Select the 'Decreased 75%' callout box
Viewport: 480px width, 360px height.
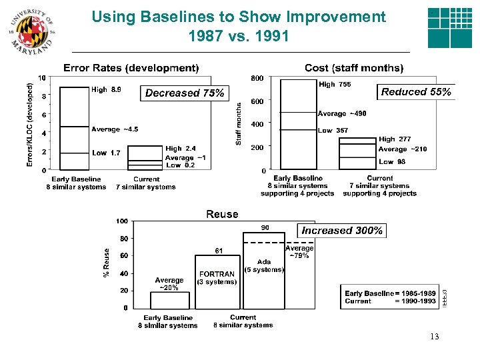click(x=185, y=93)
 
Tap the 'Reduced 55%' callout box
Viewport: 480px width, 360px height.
click(x=416, y=92)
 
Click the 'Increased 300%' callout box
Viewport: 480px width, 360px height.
click(x=342, y=231)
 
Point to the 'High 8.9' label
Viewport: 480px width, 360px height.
click(x=106, y=89)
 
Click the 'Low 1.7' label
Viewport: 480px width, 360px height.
click(x=106, y=153)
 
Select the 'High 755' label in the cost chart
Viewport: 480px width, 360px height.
click(x=335, y=85)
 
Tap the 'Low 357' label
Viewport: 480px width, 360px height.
click(x=333, y=131)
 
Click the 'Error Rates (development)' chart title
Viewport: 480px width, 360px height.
click(x=131, y=68)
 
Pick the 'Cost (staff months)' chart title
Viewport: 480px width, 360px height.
click(x=353, y=68)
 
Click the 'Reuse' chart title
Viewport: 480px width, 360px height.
click(x=222, y=214)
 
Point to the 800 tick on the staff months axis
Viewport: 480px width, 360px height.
click(x=257, y=78)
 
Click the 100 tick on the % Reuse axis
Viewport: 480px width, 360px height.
click(x=122, y=221)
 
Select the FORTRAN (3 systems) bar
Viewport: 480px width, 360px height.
click(x=217, y=280)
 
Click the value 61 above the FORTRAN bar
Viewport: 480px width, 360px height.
click(x=218, y=250)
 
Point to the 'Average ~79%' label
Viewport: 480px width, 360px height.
click(x=299, y=252)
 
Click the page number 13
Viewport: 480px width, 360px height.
click(x=435, y=337)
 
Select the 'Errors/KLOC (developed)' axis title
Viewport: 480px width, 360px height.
click(x=29, y=125)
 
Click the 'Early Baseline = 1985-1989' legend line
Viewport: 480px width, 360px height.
click(x=390, y=293)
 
